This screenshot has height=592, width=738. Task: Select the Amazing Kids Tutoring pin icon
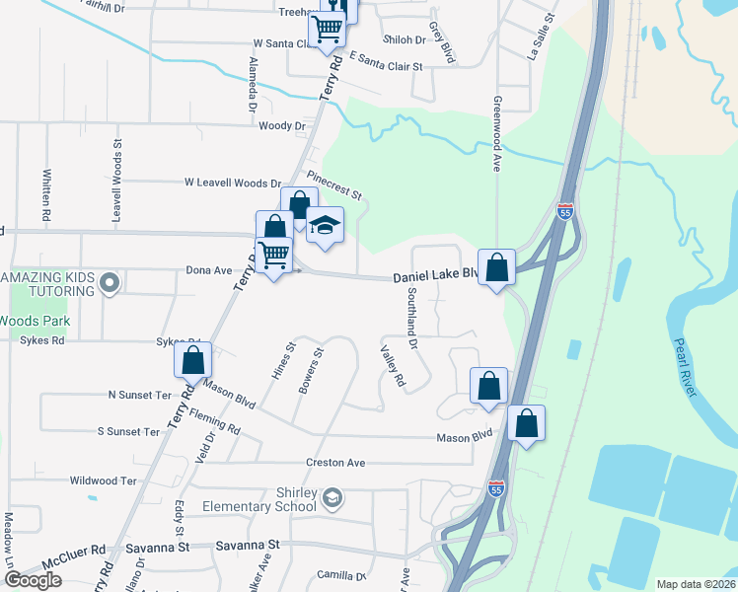111,284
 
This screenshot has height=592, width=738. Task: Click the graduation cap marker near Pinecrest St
325,226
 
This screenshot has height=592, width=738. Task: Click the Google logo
33,580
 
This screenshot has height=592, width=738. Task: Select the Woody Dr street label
282,126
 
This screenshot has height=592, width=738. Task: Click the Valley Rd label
393,365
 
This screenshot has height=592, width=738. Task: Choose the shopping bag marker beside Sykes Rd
193,360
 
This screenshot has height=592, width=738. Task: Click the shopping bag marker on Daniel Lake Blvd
496,265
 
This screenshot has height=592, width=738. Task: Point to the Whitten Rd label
46,192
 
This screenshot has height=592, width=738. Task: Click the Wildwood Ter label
103,481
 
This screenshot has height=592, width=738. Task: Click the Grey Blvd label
441,43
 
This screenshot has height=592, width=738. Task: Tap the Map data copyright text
696,584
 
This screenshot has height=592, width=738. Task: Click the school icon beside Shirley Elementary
333,496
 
